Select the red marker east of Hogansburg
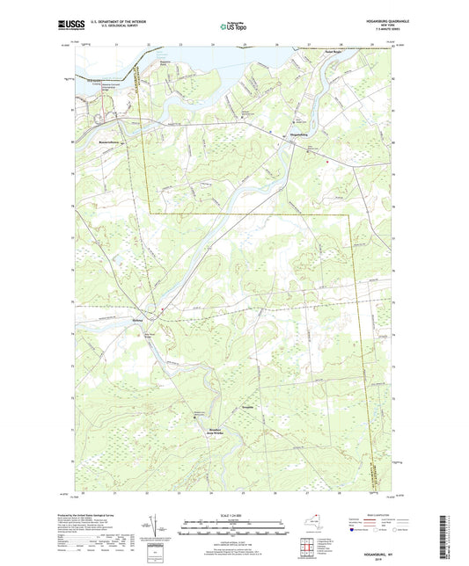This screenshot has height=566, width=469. click(326, 161)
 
